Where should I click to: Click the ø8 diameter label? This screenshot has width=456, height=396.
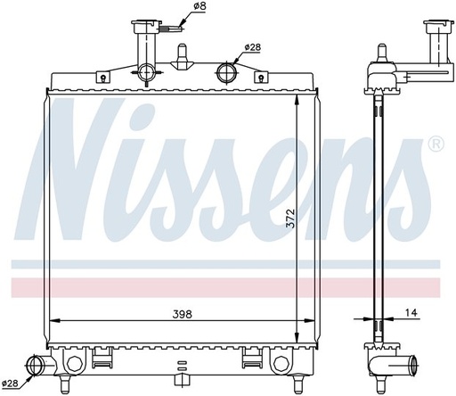tap(200, 6)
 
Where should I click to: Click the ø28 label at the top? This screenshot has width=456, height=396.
tap(252, 47)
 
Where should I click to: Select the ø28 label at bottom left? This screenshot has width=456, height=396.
tap(10, 384)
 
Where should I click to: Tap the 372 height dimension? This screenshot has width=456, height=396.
tap(291, 219)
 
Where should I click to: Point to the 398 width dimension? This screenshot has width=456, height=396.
tap(183, 314)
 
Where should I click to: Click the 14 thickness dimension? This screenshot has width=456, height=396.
tap(411, 312)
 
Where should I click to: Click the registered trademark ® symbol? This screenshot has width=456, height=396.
tap(436, 144)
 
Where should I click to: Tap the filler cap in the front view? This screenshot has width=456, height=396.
tap(147, 26)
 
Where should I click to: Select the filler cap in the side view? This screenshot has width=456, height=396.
tap(438, 27)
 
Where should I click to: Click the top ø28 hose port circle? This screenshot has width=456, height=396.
tap(227, 72)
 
